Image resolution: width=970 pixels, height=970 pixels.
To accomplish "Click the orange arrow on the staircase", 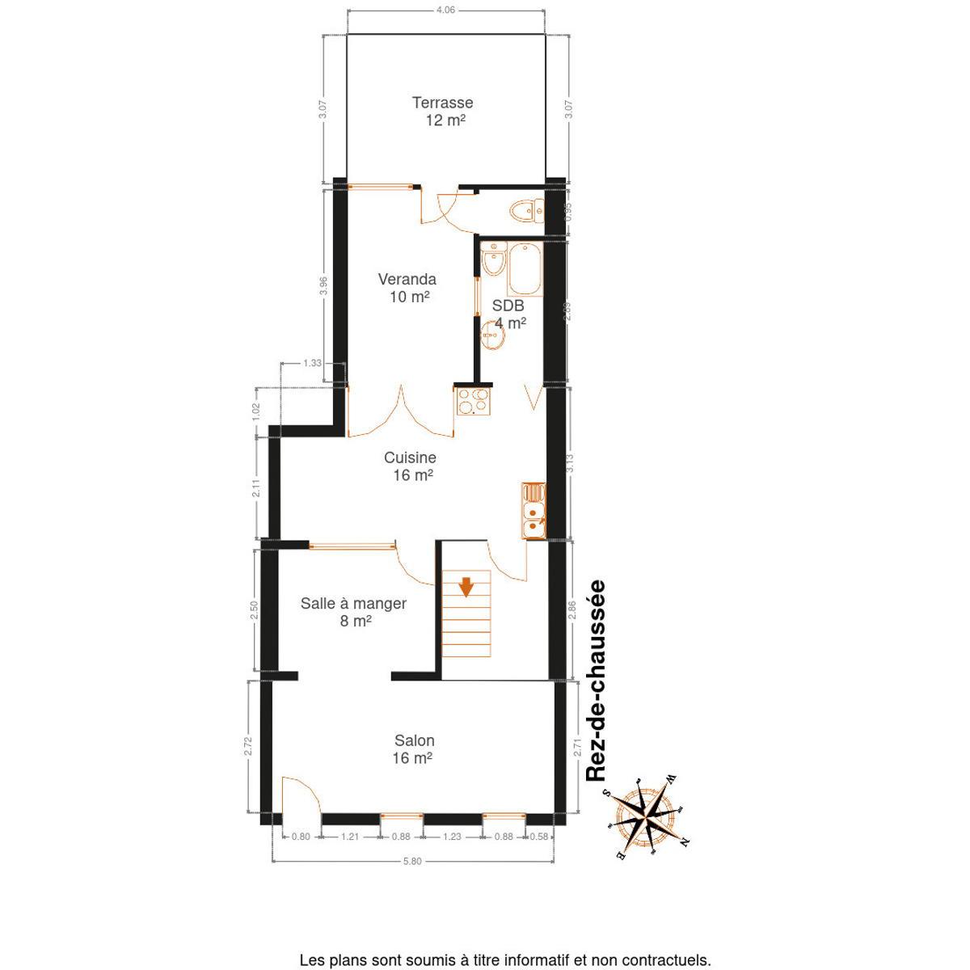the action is (466, 587).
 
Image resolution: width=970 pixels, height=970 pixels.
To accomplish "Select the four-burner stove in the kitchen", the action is (473, 401).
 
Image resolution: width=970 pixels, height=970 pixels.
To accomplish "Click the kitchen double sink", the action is (533, 511).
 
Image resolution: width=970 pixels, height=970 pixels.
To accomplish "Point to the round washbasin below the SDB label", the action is (493, 335).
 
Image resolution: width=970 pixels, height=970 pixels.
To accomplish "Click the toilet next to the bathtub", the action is (493, 259).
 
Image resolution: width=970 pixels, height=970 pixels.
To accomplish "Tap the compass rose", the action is (647, 816).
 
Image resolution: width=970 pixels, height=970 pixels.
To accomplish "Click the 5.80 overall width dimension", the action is (412, 861).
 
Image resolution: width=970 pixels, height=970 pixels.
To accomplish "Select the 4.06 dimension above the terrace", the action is (445, 10).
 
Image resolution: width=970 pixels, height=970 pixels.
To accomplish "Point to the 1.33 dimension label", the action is (312, 362).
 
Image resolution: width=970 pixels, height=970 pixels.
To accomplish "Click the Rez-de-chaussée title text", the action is (596, 681).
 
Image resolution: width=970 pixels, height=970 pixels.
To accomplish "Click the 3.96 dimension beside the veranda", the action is (323, 286).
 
